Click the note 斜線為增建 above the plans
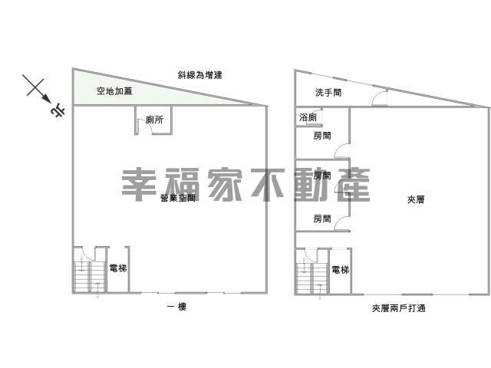[x=205, y=75]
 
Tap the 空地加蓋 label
[x=113, y=91]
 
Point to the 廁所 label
[x=153, y=120]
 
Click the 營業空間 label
[x=177, y=199]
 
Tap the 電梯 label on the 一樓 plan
[x=117, y=268]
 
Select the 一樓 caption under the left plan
[x=177, y=307]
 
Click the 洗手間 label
[x=328, y=93]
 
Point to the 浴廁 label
[x=306, y=118]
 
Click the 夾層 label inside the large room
[x=416, y=199]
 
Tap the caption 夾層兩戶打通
[x=399, y=308]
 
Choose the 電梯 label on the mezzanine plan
[x=340, y=270]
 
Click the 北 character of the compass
[x=58, y=112]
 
